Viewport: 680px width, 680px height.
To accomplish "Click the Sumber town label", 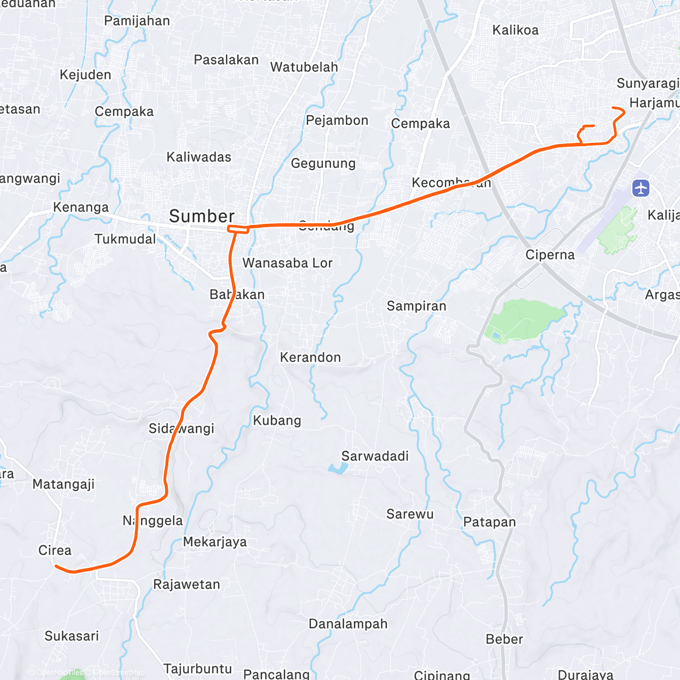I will point(201,216).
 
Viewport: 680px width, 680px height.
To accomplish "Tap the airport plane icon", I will point(641,188).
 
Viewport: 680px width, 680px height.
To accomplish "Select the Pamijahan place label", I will point(137,21).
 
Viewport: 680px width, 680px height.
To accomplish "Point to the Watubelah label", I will point(304,67).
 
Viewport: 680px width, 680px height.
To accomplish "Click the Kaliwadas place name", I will point(199,157).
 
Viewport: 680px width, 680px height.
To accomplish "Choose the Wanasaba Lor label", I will point(287,263).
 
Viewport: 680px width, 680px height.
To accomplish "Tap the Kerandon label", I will point(311,358).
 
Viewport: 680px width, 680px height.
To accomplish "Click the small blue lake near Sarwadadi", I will point(338,468).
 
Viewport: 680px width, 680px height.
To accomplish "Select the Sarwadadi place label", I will point(375,456).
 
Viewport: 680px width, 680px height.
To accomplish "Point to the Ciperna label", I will point(550,255).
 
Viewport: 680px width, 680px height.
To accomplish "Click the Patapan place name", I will point(490,522).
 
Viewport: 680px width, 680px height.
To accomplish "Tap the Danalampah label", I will point(348,624).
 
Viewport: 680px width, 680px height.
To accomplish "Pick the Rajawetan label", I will point(186,584).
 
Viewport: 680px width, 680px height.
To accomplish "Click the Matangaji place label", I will point(63,484).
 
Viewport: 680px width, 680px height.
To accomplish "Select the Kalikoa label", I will point(515,30).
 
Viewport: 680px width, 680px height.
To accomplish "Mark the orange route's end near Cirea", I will point(55,565).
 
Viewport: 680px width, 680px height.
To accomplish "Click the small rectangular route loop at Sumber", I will point(237,229).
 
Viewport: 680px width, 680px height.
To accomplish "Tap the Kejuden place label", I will point(85,75).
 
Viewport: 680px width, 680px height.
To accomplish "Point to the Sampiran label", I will point(416,306).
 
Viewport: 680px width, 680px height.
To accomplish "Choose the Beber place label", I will point(504,639).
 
